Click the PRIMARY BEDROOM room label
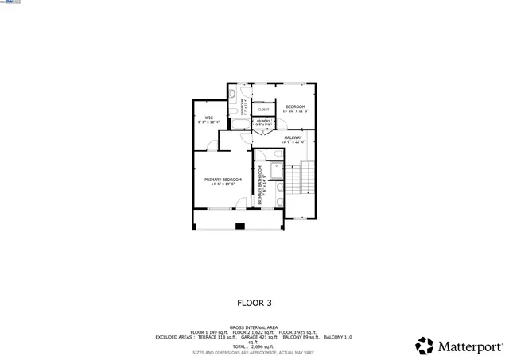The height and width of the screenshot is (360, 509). click(223, 180)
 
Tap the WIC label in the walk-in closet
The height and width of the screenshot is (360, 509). click(208, 118)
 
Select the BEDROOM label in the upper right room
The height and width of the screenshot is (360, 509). click(295, 106)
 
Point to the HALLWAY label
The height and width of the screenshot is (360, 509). click(293, 137)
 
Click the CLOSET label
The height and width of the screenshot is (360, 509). click(263, 110)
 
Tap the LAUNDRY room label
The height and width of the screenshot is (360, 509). click(263, 121)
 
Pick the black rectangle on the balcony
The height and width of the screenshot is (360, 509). click(239, 226)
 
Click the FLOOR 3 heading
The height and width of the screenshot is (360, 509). click(254, 302)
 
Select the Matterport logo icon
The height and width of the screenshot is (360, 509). click(425, 346)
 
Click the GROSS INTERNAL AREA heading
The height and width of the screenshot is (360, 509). click(254, 327)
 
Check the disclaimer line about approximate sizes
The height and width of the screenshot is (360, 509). click(254, 351)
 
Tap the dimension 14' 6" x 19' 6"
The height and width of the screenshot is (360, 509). click(223, 184)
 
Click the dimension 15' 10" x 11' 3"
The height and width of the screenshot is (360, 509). click(295, 111)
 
